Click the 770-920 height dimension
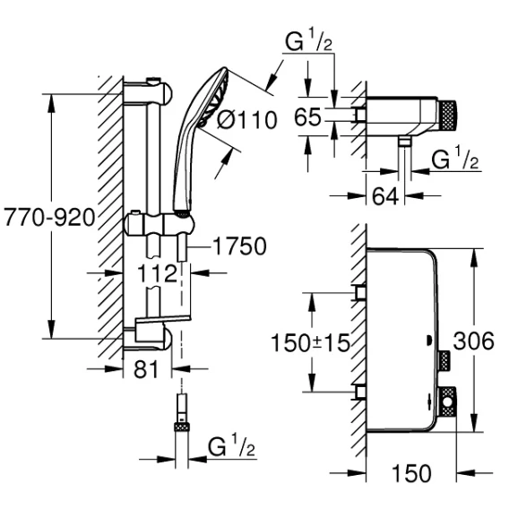pos(49,217)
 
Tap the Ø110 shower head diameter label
pos(247,120)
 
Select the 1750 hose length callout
pos(239,246)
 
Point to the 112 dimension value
pos(157,273)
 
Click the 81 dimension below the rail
pos(146,369)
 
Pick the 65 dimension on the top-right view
pos(307,116)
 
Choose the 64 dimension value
pos(385,196)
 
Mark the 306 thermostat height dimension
pos(474,341)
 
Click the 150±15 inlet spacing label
pos(310,343)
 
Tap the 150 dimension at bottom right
pos(411,473)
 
